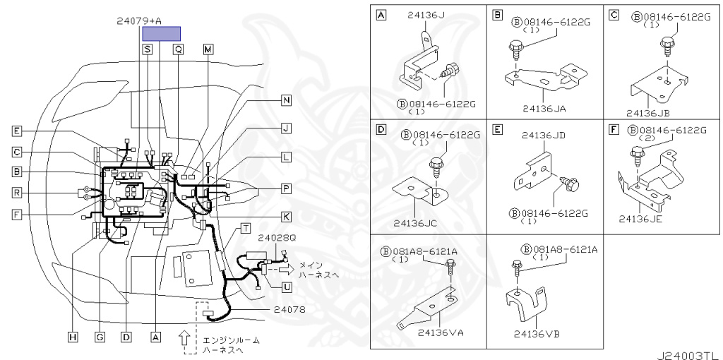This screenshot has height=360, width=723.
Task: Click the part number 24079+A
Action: tap(139, 21)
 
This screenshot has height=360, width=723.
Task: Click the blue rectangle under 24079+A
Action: tap(161, 33)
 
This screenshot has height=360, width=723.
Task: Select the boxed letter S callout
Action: tap(147, 49)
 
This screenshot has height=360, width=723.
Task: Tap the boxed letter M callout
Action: tap(208, 49)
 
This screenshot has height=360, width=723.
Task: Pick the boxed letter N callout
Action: tap(286, 100)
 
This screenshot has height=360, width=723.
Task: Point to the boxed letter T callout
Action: tap(245, 227)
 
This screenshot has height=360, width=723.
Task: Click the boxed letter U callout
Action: tap(286, 287)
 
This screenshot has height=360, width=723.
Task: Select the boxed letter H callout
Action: tap(72, 337)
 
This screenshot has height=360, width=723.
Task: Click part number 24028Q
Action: tap(277, 237)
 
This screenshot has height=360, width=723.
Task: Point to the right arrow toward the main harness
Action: tap(285, 268)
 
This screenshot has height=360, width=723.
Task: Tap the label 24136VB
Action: tap(537, 333)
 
